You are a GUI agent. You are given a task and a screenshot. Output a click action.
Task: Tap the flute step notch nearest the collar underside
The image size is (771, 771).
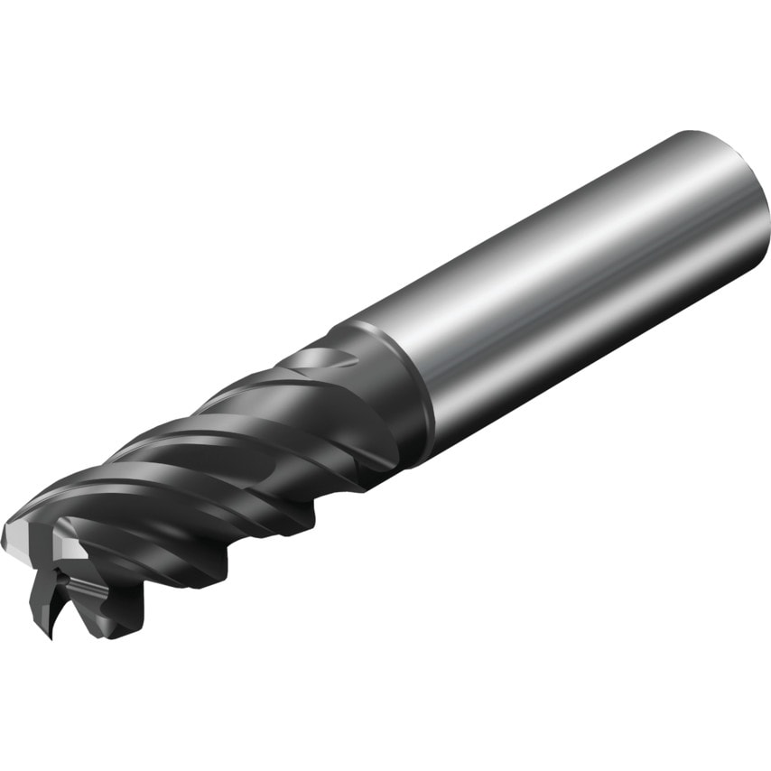coord(361,478)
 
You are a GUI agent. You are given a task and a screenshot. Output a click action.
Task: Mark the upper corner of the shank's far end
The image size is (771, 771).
coord(695,135)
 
